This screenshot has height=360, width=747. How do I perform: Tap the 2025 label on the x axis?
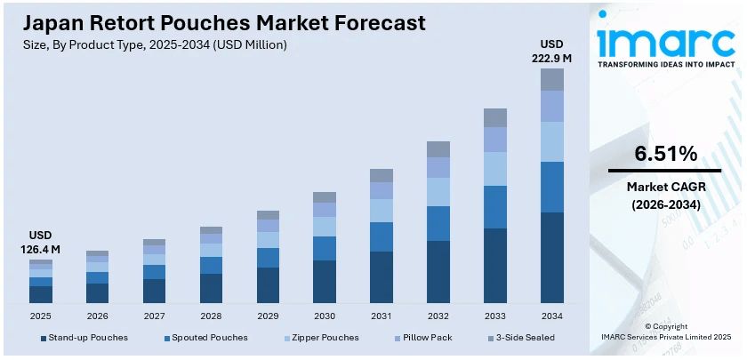click(41, 316)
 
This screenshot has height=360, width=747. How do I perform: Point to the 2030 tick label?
click(325, 316)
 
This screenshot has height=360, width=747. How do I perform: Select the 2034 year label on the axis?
click(552, 316)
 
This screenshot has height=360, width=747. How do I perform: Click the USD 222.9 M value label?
click(552, 52)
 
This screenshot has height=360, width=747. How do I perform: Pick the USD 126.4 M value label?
click(41, 243)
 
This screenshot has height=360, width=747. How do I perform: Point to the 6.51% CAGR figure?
click(664, 154)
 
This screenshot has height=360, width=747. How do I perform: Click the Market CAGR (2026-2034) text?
click(664, 196)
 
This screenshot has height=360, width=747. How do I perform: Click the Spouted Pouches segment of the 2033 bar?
click(495, 207)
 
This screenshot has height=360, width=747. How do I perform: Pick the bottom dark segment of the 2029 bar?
click(268, 285)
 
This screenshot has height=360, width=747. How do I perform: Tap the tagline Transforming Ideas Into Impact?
click(666, 65)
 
